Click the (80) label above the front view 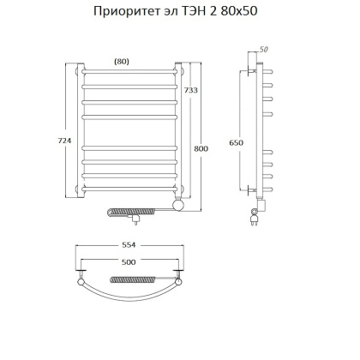pyautogui.click(x=122, y=61)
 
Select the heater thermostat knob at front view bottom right pyautogui.click(x=179, y=206)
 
